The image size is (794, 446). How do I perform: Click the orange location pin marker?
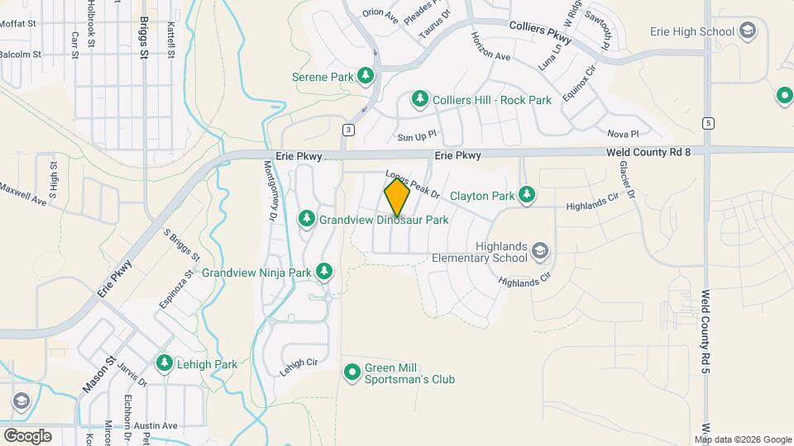point(397,198)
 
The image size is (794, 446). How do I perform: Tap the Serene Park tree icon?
point(366,77)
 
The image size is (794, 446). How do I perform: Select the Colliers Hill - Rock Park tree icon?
point(420,100)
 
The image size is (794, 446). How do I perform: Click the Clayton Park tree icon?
point(526,196)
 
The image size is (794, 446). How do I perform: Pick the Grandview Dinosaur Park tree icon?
point(307,220)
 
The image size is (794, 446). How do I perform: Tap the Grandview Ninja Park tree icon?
point(325,271)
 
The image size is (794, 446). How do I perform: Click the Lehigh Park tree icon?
point(165,363)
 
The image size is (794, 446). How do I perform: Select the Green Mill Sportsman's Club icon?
point(352,372)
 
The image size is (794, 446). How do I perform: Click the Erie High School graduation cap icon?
point(748,32)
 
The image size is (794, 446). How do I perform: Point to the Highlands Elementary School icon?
point(539,251)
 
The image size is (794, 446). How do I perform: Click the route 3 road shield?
point(349,130)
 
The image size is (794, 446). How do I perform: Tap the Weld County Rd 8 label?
point(648,151)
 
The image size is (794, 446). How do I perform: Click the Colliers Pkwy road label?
point(540,32)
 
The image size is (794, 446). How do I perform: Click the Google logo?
point(27,435)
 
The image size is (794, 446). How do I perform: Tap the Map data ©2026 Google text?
point(741,439)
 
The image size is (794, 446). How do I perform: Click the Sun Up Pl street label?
point(416,136)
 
